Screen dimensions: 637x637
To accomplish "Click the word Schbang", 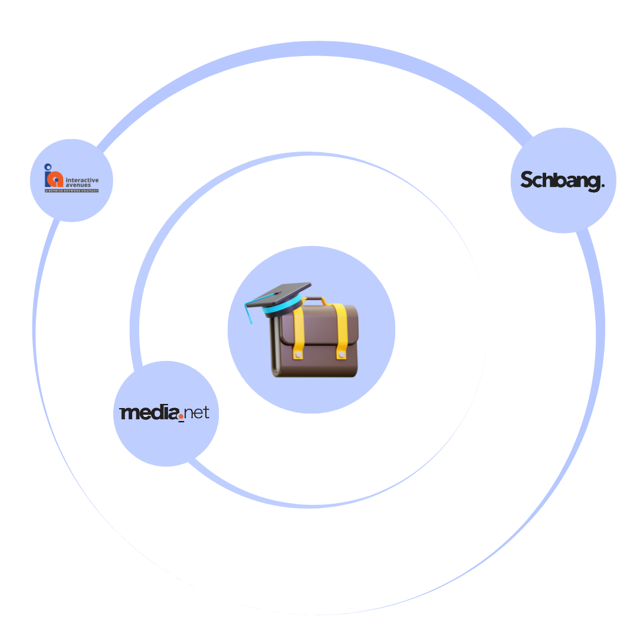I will coord(559,180).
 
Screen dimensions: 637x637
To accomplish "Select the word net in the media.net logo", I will coord(196,412).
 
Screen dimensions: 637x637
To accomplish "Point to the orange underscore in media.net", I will coord(182,420).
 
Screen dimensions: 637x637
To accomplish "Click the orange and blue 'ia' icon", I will coord(54,176).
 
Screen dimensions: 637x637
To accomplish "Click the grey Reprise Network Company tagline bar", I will coord(71,191).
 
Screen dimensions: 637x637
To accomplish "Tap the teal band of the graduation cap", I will coord(283,308).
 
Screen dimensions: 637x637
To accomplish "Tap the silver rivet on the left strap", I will coord(298,354).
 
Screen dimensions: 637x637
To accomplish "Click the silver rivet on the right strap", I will coord(341,354).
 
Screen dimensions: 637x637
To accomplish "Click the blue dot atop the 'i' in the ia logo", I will coord(50,168).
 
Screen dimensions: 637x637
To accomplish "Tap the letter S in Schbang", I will coord(527,180).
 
